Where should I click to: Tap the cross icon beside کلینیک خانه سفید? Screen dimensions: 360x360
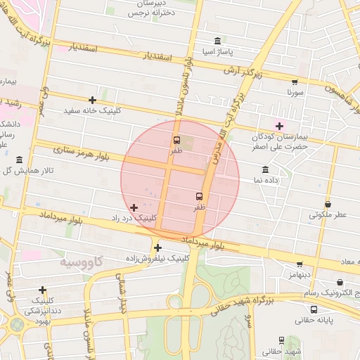coord(92,100)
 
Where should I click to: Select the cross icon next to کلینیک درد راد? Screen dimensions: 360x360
coord(134,207)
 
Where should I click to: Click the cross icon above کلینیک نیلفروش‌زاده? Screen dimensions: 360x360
coord(157,247)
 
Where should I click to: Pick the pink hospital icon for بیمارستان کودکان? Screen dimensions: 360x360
coord(279,126)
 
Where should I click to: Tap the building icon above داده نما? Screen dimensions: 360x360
coord(265,169)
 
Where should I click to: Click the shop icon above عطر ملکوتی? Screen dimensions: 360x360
coord(328,204)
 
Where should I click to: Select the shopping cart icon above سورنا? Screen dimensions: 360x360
coord(295,82)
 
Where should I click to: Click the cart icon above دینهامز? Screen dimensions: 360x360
coord(300,265)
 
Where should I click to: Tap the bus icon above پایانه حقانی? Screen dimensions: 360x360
coord(314,309)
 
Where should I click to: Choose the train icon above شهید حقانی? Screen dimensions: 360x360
coord(281,340)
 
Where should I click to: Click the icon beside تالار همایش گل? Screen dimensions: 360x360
coord(18,160)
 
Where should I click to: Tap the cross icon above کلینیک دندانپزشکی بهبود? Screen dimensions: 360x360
coord(43,290)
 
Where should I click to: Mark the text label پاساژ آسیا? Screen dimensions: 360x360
coord(218,53)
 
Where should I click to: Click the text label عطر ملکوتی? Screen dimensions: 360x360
coord(328,215)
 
